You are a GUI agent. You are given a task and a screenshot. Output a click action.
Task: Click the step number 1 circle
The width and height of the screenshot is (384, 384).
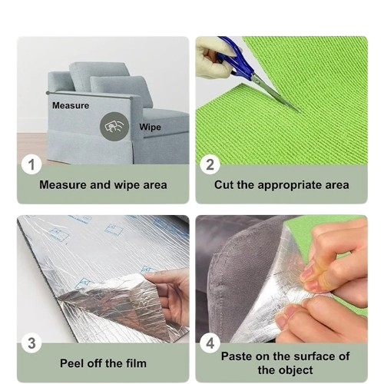(31, 164)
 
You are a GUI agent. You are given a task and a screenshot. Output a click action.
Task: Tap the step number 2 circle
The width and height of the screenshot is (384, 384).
(210, 164)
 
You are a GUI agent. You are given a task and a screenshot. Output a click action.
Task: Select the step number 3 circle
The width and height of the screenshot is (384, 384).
(31, 343)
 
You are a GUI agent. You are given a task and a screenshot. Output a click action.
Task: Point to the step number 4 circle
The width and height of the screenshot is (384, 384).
(210, 343)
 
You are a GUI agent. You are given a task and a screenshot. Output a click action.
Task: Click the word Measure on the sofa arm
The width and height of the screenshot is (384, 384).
(71, 105)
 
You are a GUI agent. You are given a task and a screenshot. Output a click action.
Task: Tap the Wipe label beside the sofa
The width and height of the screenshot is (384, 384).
(151, 127)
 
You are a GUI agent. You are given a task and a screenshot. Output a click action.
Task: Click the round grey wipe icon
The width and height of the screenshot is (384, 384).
(114, 127)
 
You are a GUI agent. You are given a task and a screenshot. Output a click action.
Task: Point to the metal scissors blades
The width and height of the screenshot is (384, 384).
(274, 92)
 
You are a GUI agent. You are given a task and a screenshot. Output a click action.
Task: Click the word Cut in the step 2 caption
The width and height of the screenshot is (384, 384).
(224, 185)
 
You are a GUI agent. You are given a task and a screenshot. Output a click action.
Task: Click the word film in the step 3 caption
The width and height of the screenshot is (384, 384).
(136, 363)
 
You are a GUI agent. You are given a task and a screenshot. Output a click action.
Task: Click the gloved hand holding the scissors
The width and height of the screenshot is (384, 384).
(214, 60)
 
